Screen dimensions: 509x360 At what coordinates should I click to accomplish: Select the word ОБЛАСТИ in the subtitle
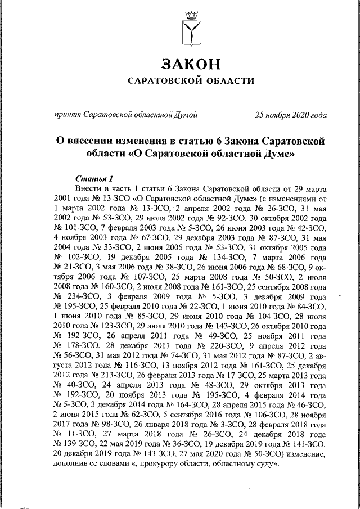pyautogui.click(x=228, y=81)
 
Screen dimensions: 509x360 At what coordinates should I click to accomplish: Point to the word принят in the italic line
pyautogui.click(x=66, y=115)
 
